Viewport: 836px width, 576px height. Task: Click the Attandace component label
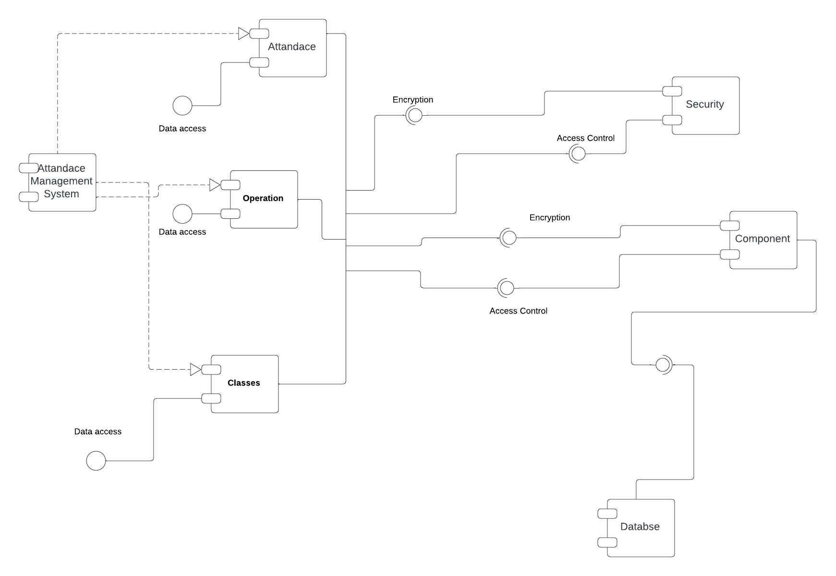[291, 47]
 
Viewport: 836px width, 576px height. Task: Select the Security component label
[704, 104]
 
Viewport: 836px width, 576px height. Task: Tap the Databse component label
[640, 527]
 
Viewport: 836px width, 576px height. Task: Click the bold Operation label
[263, 198]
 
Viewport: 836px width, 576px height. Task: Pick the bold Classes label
[243, 383]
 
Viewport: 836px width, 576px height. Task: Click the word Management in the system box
[61, 181]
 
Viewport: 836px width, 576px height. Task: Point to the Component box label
[762, 239]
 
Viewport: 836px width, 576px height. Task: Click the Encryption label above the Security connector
[412, 99]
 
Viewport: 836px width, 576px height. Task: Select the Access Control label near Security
[585, 138]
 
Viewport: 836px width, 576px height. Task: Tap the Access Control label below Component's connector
[518, 311]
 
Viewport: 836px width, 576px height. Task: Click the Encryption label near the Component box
[549, 217]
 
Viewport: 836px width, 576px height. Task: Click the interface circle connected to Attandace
[182, 106]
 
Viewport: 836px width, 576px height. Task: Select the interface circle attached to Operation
[182, 214]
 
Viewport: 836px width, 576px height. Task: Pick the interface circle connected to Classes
[96, 461]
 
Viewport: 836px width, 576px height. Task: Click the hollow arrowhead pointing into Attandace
[243, 34]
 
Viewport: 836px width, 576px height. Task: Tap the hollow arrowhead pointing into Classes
[195, 370]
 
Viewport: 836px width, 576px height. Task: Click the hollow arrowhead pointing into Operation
[215, 185]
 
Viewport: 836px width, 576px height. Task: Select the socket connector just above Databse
[663, 365]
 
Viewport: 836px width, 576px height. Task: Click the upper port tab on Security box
[672, 91]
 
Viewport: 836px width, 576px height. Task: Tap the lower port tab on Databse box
[607, 542]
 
